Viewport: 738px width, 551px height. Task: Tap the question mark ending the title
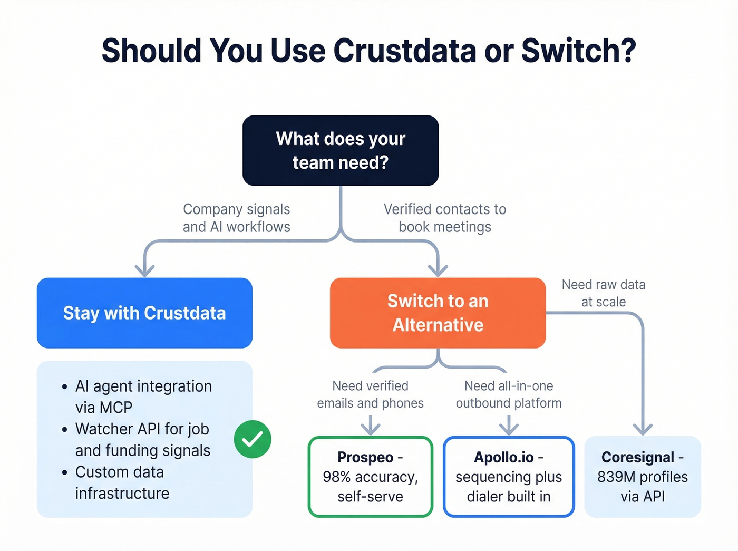[627, 51]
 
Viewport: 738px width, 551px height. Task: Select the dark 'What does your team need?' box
[341, 151]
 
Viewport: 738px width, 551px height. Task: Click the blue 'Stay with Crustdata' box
[144, 313]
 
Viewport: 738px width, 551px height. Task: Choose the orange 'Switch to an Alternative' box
[438, 313]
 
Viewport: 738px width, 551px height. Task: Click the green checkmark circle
[253, 439]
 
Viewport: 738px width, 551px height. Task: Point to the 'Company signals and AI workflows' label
[236, 218]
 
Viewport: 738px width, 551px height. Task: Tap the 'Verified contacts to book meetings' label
[444, 218]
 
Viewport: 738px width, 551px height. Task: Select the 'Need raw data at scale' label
[603, 293]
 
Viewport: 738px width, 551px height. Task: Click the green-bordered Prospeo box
[370, 477]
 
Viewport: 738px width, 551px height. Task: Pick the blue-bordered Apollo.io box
[509, 477]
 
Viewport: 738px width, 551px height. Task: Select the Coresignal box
[642, 477]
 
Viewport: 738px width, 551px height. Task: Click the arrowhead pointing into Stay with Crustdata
[144, 270]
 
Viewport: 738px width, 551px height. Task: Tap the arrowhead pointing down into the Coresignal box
[643, 429]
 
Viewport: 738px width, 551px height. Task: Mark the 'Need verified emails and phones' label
[370, 394]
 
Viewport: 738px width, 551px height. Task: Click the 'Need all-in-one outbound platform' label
[509, 394]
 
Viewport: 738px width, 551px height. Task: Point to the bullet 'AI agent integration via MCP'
[143, 397]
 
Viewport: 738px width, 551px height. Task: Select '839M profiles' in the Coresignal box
[642, 477]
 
